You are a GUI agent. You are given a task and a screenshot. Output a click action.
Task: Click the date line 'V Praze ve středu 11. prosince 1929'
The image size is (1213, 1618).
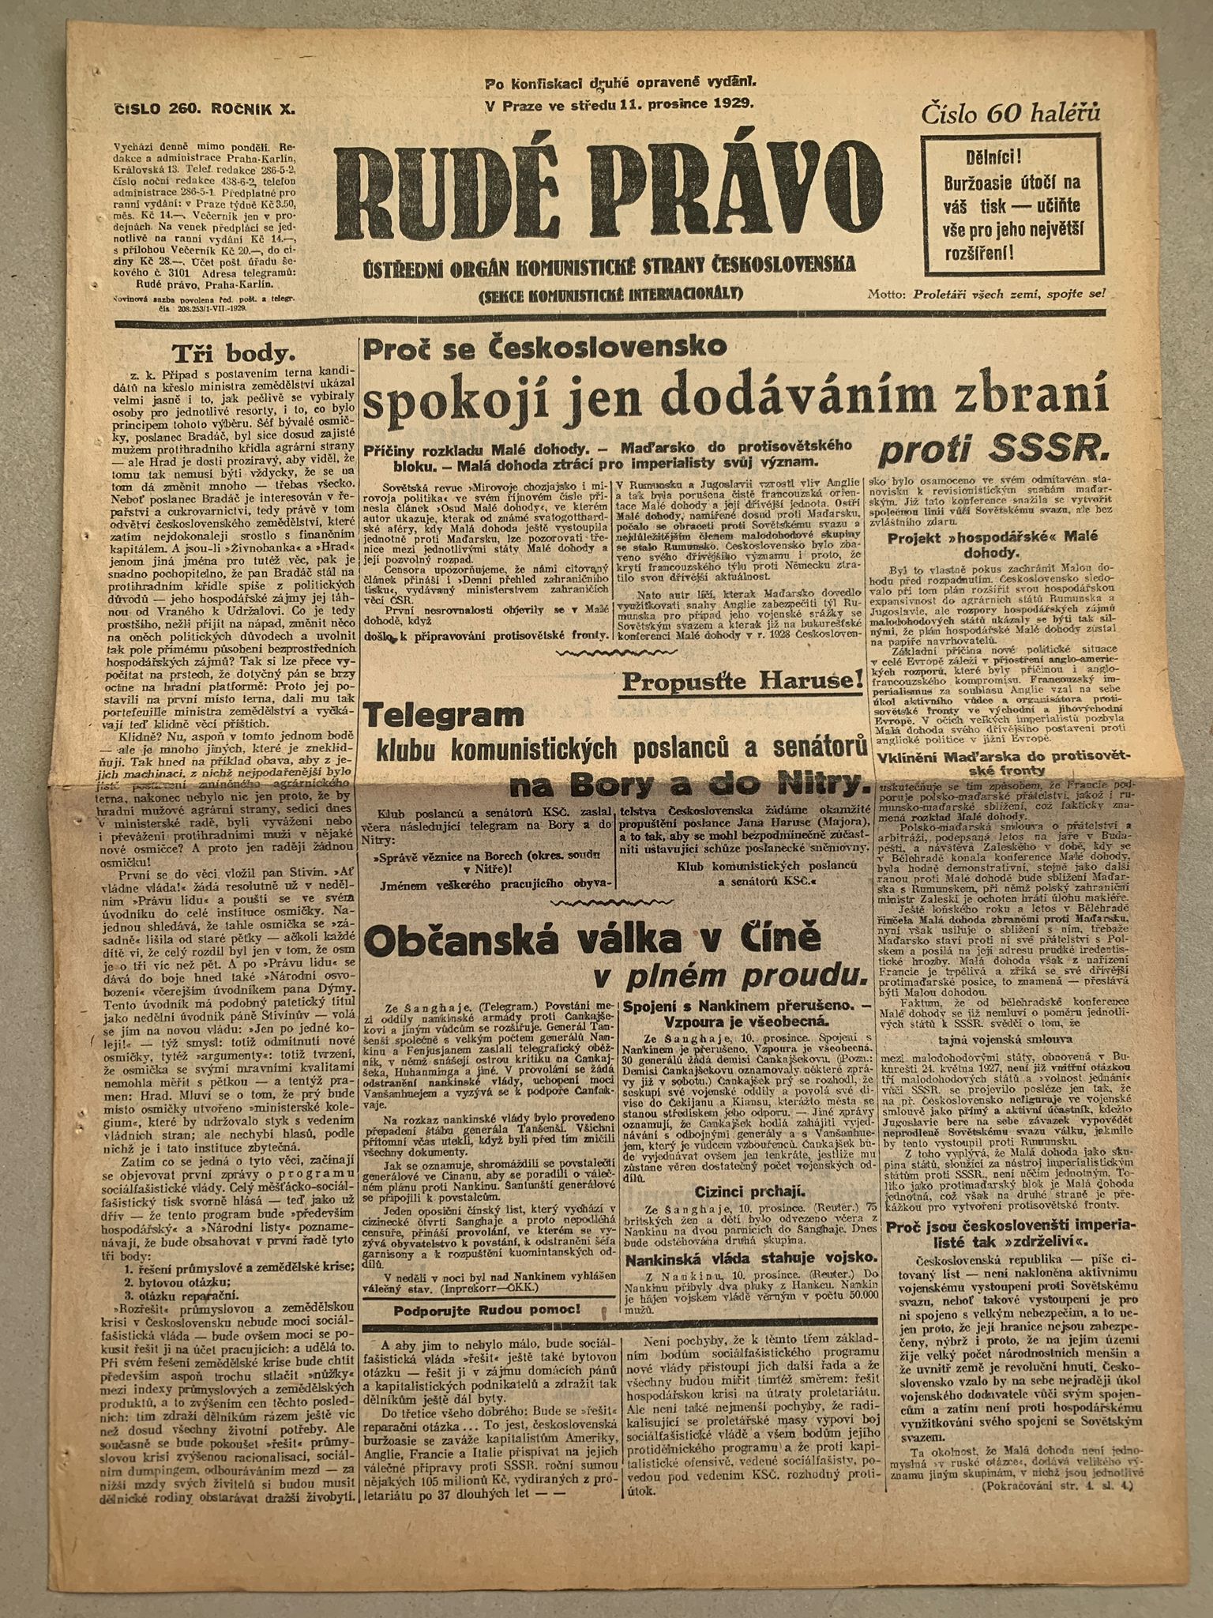[620, 102]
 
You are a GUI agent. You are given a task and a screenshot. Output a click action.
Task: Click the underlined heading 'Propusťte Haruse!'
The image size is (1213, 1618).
[742, 679]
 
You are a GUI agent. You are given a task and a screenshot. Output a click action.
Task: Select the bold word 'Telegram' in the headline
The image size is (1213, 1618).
[444, 716]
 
